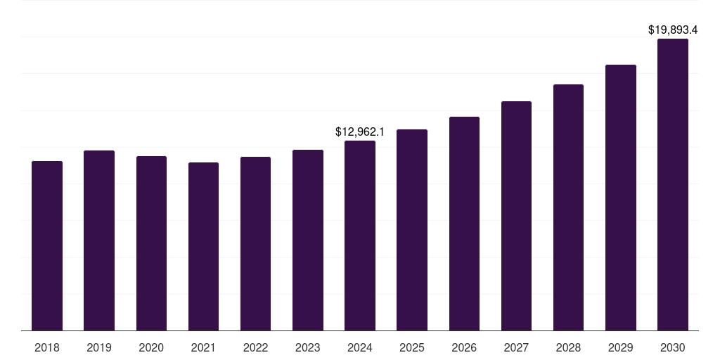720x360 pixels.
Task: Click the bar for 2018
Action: (47, 246)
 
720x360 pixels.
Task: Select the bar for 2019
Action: (99, 240)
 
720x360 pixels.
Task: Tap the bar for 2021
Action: (203, 247)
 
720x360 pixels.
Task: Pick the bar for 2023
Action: (308, 240)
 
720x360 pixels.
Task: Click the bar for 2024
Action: (360, 236)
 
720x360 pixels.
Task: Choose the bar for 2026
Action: (464, 224)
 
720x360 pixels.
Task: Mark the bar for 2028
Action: (568, 207)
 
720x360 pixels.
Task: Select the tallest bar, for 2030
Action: (673, 185)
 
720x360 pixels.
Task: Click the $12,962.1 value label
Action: (360, 131)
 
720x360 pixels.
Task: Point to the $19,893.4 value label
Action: (673, 30)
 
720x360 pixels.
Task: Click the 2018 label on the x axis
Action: (47, 347)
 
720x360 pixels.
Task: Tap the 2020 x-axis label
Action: (151, 347)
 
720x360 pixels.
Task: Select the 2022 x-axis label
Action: (255, 347)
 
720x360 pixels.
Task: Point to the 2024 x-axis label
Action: (360, 347)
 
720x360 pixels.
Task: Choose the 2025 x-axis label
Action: (412, 347)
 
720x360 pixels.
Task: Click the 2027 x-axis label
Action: (516, 347)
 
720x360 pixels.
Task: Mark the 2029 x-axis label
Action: (621, 347)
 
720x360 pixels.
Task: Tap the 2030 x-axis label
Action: (673, 347)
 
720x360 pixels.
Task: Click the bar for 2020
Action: (151, 243)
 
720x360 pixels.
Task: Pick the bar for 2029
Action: (621, 198)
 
